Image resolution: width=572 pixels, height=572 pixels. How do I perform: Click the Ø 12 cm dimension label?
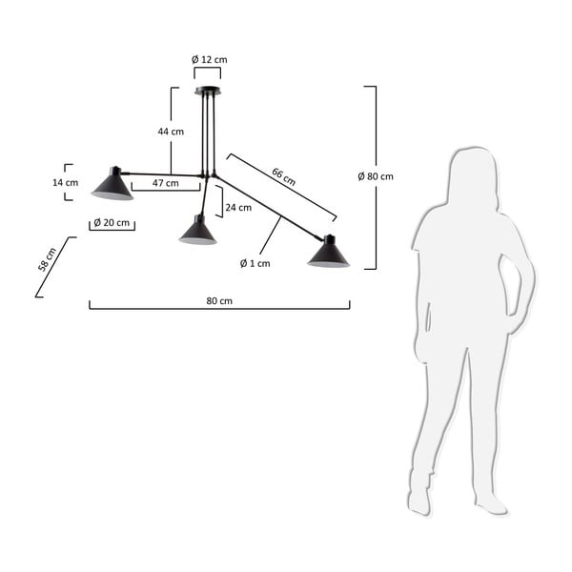(x=210, y=59)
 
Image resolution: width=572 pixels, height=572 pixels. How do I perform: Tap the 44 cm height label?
(x=171, y=132)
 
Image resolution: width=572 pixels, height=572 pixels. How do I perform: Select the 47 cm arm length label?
(x=166, y=183)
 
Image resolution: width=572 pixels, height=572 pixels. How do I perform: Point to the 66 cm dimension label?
(x=283, y=176)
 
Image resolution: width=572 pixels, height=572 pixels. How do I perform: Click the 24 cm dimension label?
(x=238, y=208)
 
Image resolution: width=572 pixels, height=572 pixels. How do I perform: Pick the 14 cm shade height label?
(x=65, y=182)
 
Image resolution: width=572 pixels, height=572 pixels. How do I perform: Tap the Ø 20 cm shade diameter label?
(x=112, y=222)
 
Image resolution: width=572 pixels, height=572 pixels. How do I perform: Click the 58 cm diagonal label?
(x=48, y=259)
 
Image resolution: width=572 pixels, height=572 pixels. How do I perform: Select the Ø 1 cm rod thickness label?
(x=255, y=263)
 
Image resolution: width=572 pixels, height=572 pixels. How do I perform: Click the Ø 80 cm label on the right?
(x=376, y=176)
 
